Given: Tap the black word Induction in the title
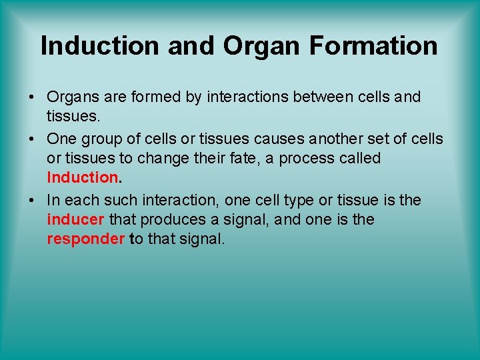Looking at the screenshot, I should point(100,45).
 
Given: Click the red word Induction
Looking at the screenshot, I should point(82,177).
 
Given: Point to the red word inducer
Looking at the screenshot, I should point(75,219).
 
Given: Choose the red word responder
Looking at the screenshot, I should point(85,239).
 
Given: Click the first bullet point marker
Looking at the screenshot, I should point(32,97).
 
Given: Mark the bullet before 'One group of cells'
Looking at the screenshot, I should point(32,139).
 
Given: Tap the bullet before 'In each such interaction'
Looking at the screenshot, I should point(32,200).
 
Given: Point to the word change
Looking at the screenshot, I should point(166,159).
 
